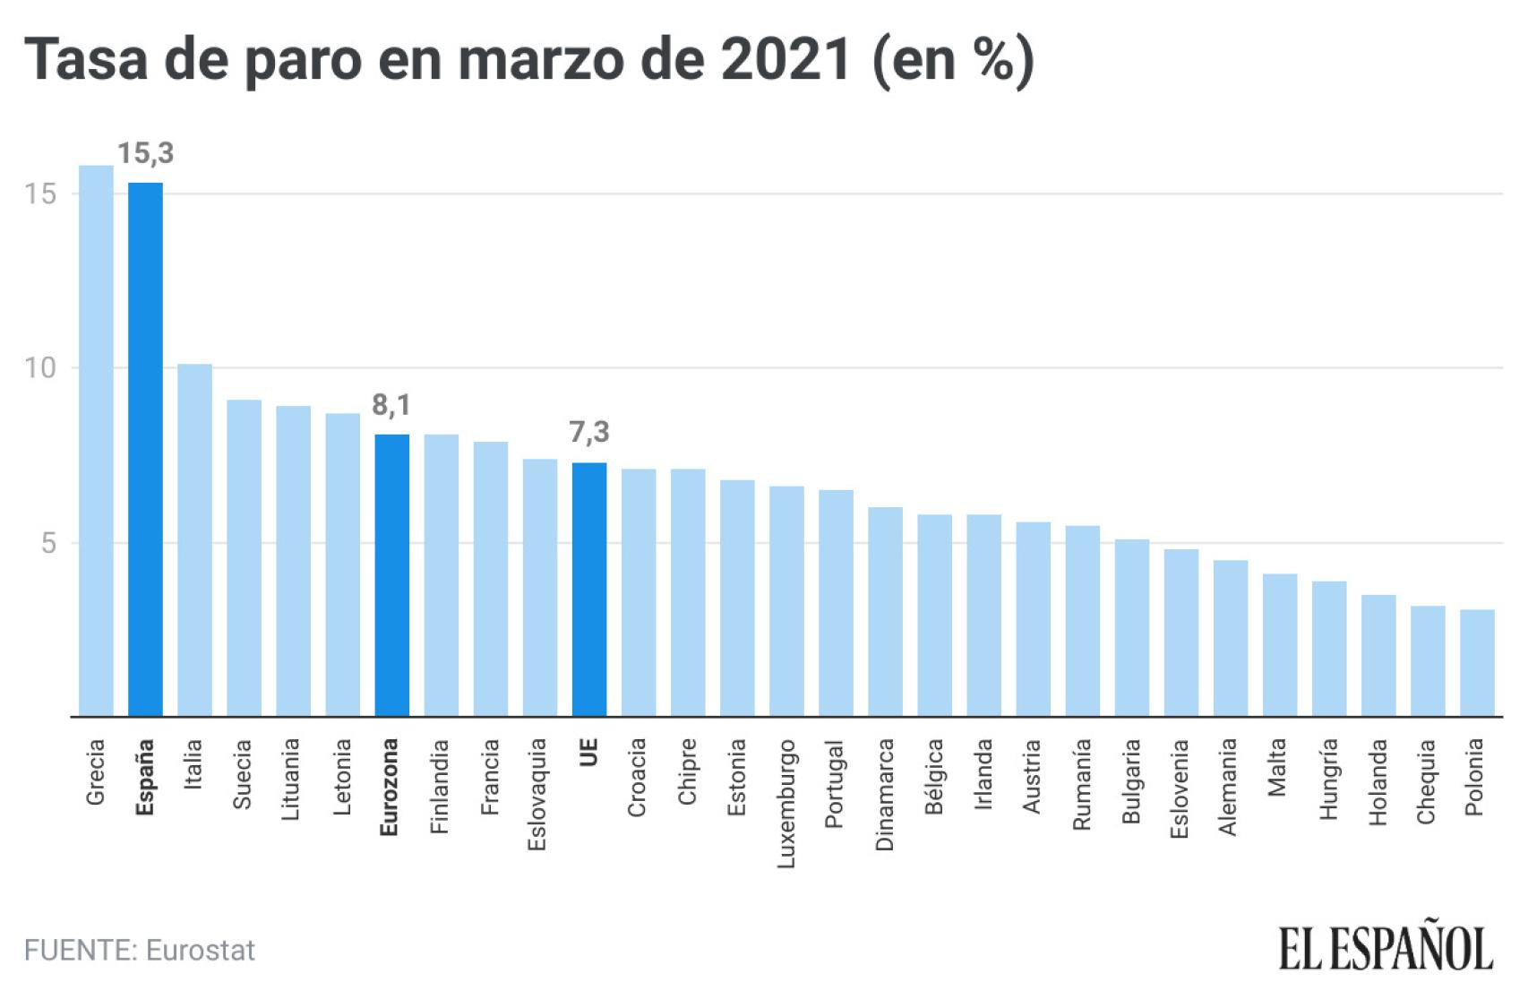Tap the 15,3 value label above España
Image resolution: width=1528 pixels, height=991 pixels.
click(x=145, y=153)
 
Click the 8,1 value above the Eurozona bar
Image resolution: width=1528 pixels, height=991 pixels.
click(x=391, y=405)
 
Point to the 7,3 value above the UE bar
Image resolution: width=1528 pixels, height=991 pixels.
click(x=588, y=433)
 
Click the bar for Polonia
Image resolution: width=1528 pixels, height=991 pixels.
click(x=1477, y=663)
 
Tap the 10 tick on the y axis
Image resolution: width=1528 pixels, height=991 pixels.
click(x=40, y=367)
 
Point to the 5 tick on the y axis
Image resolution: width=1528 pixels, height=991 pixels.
click(x=48, y=543)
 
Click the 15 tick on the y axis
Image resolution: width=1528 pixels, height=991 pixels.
click(x=40, y=194)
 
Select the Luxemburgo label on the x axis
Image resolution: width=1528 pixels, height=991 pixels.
click(x=785, y=803)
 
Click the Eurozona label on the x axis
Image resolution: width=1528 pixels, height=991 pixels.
click(x=389, y=787)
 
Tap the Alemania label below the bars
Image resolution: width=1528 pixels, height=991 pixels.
click(x=1227, y=787)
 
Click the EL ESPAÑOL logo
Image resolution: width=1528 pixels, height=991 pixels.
click(x=1385, y=949)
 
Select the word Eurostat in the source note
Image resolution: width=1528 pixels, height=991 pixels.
click(x=200, y=950)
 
